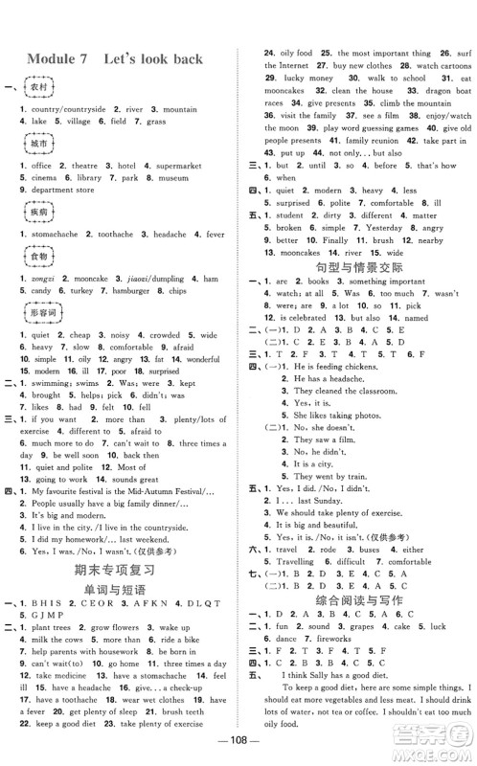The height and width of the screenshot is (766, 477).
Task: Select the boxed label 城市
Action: pyautogui.click(x=39, y=142)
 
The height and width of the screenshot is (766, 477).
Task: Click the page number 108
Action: pyautogui.click(x=238, y=750)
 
